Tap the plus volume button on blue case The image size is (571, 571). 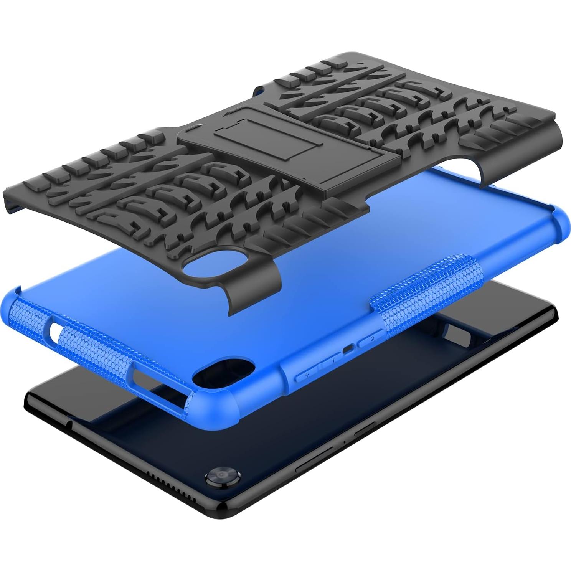(x=307, y=375)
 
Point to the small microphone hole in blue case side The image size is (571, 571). (x=348, y=350)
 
